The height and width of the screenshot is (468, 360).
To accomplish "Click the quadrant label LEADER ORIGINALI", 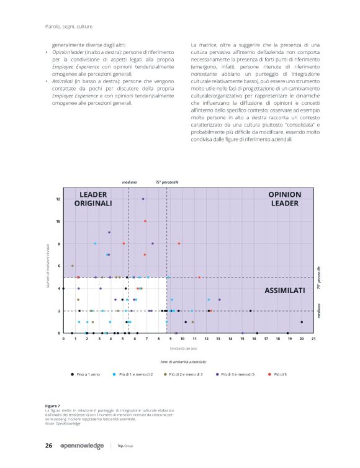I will click(93, 199).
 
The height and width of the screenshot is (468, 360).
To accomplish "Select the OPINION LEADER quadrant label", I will click(285, 199).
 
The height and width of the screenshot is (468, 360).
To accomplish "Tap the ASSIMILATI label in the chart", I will click(285, 290).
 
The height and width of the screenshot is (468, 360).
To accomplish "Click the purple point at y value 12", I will click(143, 199).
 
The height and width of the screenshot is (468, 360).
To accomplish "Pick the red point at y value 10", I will click(145, 221).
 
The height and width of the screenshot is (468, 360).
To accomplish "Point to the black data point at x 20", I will click(302, 322).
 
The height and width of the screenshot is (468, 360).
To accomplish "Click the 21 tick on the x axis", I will click(313, 339).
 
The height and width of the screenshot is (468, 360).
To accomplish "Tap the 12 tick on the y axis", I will click(58, 199).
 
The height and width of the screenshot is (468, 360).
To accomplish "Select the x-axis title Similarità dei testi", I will click(188, 348).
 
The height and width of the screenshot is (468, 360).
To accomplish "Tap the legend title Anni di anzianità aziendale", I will click(183, 361).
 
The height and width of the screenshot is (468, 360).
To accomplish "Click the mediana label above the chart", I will click(129, 182).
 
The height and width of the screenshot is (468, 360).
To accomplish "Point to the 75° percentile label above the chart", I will click(167, 182).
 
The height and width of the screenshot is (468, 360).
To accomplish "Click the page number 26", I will click(48, 446).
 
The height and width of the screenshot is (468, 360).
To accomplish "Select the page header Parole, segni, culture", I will click(69, 25).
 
